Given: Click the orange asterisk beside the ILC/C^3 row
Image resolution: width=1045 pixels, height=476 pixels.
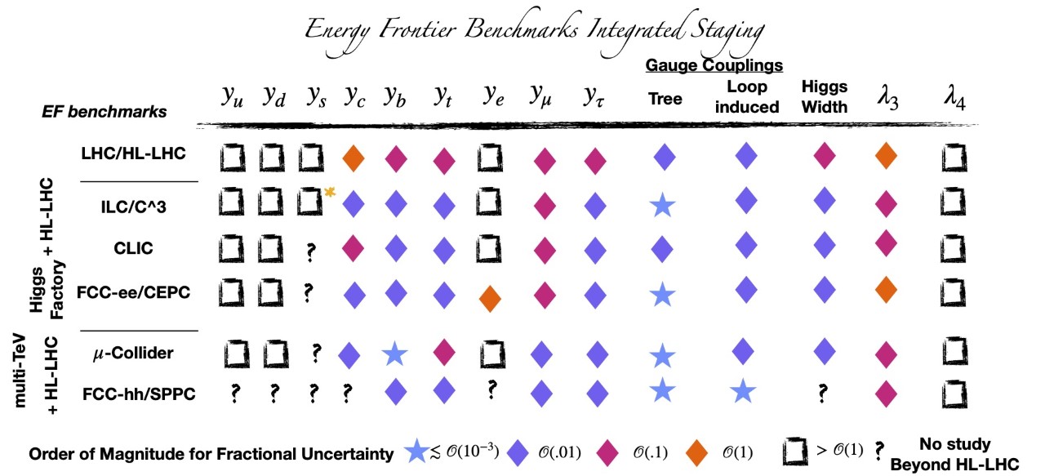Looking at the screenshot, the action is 331,193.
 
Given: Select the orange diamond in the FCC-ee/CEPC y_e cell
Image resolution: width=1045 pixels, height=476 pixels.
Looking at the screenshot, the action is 490,298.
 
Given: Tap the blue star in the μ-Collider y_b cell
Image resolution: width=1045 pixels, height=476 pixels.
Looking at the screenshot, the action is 395,354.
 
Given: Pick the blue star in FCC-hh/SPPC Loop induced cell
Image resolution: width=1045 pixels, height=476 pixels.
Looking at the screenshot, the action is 742,391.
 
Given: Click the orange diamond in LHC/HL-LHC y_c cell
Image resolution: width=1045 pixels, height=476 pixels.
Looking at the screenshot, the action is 354,158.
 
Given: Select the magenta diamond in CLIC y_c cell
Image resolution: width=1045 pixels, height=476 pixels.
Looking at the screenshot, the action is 354,246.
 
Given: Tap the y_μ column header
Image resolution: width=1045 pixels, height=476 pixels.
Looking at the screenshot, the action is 540,98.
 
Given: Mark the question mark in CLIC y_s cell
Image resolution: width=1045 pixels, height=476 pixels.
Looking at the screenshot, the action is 310,252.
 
